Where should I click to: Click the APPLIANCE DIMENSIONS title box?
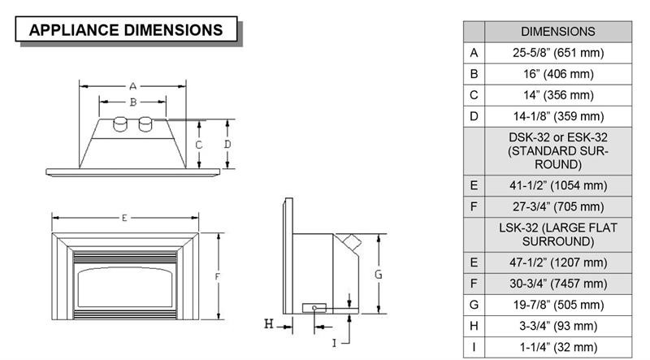pyautogui.click(x=126, y=31)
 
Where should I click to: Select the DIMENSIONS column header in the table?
pyautogui.click(x=557, y=32)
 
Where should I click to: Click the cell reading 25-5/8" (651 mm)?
pyautogui.click(x=557, y=53)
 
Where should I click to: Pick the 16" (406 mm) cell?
pyautogui.click(x=557, y=74)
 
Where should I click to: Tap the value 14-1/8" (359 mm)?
pyautogui.click(x=557, y=116)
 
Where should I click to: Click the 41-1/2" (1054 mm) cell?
pyautogui.click(x=557, y=184)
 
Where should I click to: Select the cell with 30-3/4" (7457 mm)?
pyautogui.click(x=557, y=284)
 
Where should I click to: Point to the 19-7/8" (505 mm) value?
pyautogui.click(x=557, y=305)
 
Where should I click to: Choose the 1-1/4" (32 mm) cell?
pyautogui.click(x=557, y=347)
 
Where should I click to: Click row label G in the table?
pyautogui.click(x=474, y=305)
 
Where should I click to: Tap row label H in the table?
pyautogui.click(x=474, y=326)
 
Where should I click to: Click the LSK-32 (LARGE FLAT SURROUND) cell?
pyautogui.click(x=557, y=235)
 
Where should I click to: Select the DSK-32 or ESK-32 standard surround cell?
pyautogui.click(x=557, y=150)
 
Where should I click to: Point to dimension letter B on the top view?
pyautogui.click(x=132, y=102)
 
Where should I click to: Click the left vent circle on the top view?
pyautogui.click(x=120, y=124)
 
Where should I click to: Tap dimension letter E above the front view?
pyautogui.click(x=124, y=218)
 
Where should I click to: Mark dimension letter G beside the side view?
pyautogui.click(x=378, y=275)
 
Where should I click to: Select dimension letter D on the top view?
pyautogui.click(x=227, y=144)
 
